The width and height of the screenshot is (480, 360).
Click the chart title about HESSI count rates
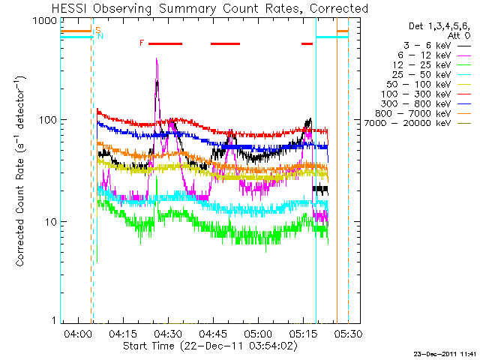[x=211, y=9]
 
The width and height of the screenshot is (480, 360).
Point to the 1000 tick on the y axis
[x=43, y=21]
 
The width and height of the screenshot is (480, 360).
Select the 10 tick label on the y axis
[x=49, y=223]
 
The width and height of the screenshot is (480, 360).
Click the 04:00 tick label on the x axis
[x=78, y=333]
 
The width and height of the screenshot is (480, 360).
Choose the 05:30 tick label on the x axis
[x=348, y=333]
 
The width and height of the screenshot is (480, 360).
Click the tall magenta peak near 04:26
[x=157, y=60]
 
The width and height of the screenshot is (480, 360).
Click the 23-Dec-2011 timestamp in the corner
[x=445, y=352]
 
